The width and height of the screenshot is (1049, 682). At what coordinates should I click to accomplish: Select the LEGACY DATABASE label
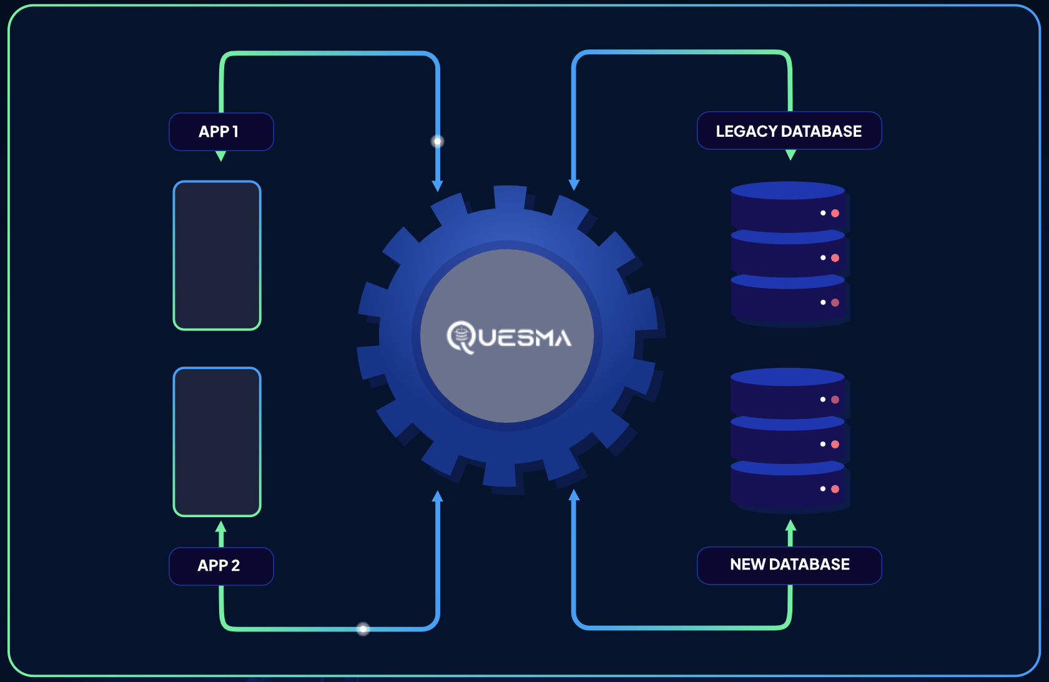(x=789, y=131)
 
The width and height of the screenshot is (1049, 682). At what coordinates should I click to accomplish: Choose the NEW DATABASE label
(x=789, y=565)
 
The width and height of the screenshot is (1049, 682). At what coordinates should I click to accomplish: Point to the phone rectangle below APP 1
(x=217, y=255)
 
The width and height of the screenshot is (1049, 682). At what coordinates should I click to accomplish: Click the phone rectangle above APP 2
(x=217, y=442)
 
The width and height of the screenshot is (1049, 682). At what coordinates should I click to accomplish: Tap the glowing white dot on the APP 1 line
(x=438, y=141)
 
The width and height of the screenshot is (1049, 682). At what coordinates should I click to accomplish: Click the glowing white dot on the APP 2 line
(x=363, y=628)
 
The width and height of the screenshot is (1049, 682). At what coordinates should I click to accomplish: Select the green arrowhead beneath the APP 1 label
(x=220, y=156)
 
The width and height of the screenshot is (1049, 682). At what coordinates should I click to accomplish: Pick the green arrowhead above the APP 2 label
(x=220, y=526)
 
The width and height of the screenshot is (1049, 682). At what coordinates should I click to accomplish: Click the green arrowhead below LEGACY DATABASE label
(x=790, y=155)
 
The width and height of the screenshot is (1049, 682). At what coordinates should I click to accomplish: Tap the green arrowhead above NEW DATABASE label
(x=790, y=525)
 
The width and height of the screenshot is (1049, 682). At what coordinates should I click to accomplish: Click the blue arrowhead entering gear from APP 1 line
(x=438, y=185)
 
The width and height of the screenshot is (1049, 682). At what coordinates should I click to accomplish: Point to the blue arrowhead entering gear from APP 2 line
(x=438, y=496)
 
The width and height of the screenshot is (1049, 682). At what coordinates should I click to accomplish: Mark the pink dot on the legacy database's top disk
(x=835, y=213)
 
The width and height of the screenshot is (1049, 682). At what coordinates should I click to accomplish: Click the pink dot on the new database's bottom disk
(x=835, y=489)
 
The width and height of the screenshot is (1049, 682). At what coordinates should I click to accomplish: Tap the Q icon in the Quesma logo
(x=461, y=337)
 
